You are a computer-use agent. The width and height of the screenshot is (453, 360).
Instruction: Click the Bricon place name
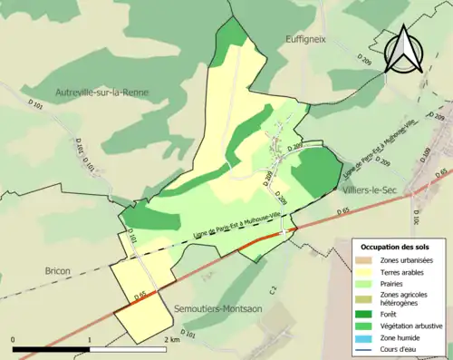(x=58, y=270)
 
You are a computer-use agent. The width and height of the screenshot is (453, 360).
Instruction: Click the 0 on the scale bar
(x=14, y=340)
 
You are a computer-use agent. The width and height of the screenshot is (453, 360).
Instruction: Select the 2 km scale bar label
(x=172, y=340)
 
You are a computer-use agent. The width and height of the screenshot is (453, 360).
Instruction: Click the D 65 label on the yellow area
(x=140, y=296)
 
